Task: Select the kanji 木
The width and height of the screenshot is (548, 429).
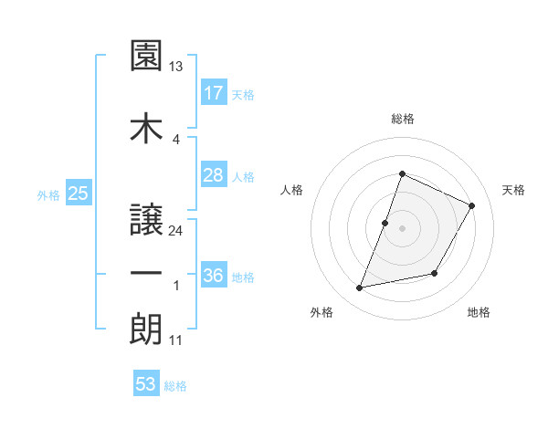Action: [146, 127]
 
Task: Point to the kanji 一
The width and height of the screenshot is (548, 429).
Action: [146, 273]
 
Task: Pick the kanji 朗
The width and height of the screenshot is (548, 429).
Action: [146, 329]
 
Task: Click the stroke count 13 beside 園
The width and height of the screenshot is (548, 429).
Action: [176, 67]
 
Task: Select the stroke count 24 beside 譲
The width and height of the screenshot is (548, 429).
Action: [176, 231]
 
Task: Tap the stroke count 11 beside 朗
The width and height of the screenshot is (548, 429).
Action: [176, 340]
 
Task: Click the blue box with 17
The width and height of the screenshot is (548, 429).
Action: [214, 92]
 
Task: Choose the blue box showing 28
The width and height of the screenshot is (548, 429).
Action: [214, 175]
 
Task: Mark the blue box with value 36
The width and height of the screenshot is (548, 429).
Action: [214, 276]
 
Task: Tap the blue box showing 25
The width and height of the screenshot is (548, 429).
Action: [78, 193]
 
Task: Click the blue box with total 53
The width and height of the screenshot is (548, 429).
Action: [146, 383]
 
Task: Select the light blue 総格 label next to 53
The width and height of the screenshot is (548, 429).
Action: [175, 386]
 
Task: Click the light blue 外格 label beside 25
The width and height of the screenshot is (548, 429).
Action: [47, 194]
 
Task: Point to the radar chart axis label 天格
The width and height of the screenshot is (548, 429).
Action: [514, 190]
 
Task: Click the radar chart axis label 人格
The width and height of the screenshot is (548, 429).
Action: [292, 190]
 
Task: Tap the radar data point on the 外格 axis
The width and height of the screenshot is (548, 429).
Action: [360, 288]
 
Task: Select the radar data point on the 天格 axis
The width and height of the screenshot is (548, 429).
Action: [472, 205]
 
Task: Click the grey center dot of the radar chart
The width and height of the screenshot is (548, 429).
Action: [402, 228]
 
